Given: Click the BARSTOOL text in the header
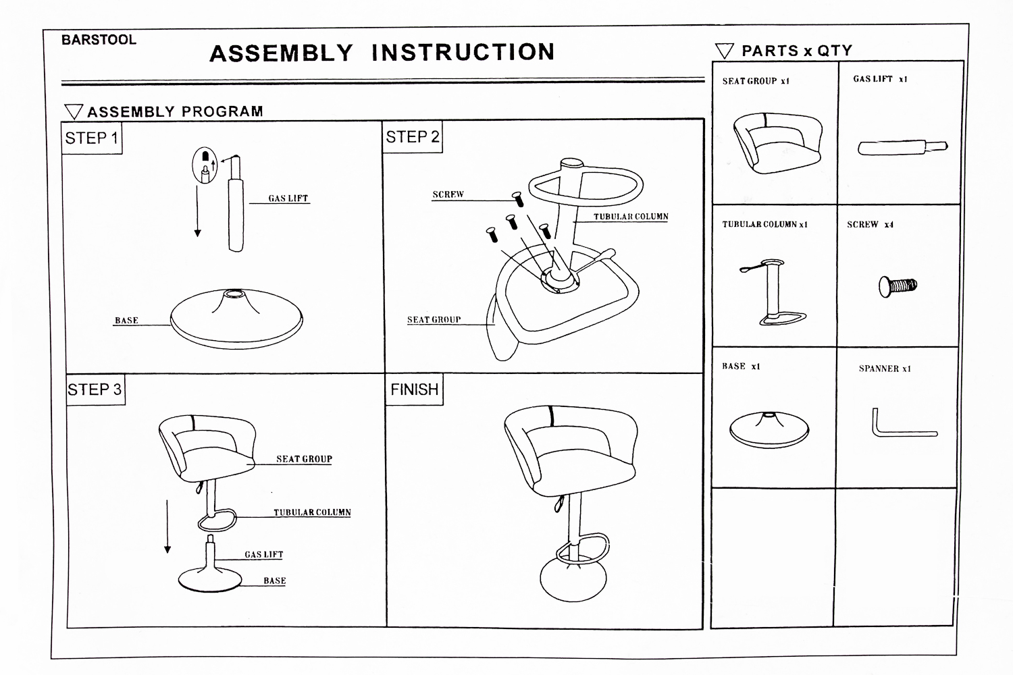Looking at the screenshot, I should click(x=99, y=40).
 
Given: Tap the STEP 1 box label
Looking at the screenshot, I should click(x=91, y=138).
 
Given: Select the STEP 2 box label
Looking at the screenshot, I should click(x=412, y=137).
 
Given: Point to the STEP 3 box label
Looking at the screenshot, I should click(x=95, y=389).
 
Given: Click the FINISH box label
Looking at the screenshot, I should click(x=414, y=389).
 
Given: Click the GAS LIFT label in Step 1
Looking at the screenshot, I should click(x=288, y=198).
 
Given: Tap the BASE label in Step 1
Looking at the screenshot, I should click(x=126, y=321).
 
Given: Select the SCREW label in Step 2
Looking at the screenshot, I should click(x=448, y=194).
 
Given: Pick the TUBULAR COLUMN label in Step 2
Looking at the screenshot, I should click(x=631, y=217).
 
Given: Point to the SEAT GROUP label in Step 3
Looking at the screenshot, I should click(x=304, y=459).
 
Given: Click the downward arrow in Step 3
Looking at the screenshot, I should click(x=167, y=526).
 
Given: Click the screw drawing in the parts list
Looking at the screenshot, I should click(x=897, y=286).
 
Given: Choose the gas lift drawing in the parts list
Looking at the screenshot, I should click(x=902, y=146).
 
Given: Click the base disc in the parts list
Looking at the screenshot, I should click(x=769, y=429).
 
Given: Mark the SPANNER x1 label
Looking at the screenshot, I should click(x=885, y=369).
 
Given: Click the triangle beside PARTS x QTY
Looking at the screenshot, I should click(x=724, y=51).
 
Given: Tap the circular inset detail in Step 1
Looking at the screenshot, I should click(x=206, y=165).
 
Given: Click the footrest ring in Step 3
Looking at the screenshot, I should click(x=216, y=520).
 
